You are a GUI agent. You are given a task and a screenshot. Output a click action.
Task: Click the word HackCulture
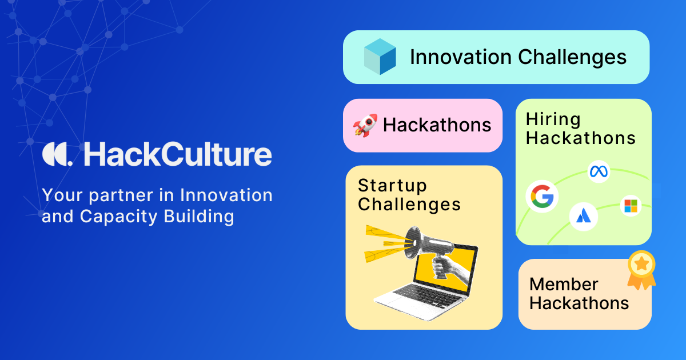pos(178,154)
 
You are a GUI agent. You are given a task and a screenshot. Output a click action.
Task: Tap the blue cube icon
pos(380,57)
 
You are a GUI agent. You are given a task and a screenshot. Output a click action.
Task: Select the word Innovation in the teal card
pos(461,57)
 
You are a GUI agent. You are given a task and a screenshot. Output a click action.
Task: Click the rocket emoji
pos(365,126)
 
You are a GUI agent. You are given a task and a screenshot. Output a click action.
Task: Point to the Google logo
pos(542,196)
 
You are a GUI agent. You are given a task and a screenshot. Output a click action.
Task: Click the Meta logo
pos(599,171)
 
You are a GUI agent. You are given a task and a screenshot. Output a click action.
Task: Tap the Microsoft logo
pos(631,206)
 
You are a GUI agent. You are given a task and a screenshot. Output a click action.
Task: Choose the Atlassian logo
pos(584,217)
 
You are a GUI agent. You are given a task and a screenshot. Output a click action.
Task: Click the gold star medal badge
pos(641,270)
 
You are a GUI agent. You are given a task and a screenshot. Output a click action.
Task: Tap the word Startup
pos(392,186)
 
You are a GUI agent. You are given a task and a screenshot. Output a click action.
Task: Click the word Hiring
pos(553,119)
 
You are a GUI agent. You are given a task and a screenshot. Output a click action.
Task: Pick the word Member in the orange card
pos(564,285)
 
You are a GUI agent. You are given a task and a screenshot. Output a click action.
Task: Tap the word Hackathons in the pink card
pos(437,125)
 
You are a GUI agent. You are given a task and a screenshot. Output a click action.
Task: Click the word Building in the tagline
pos(199,217)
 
